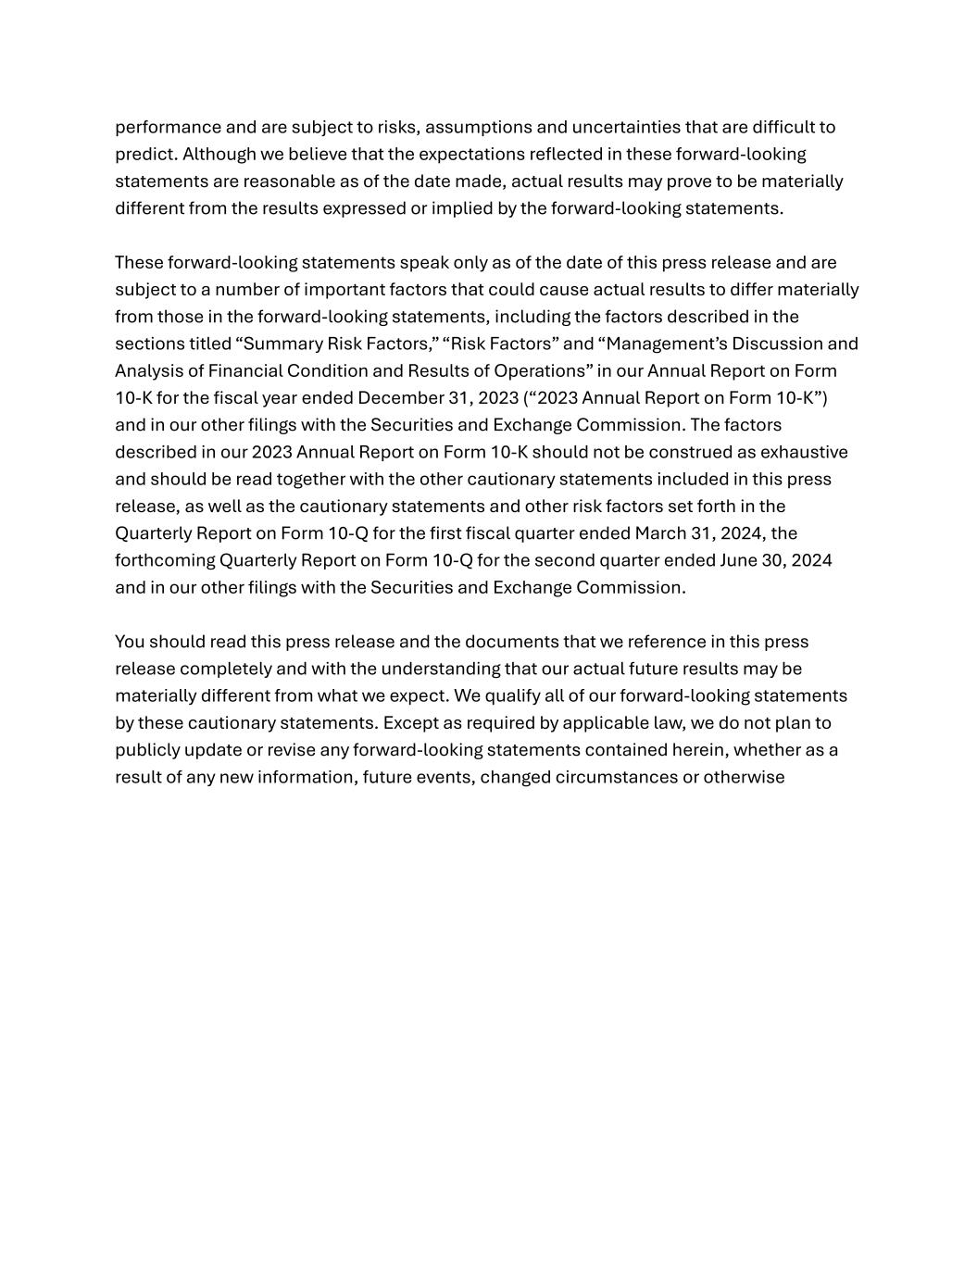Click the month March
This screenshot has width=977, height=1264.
click(x=659, y=533)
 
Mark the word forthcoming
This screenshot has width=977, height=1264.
click(x=165, y=560)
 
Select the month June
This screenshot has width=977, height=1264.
click(x=739, y=560)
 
